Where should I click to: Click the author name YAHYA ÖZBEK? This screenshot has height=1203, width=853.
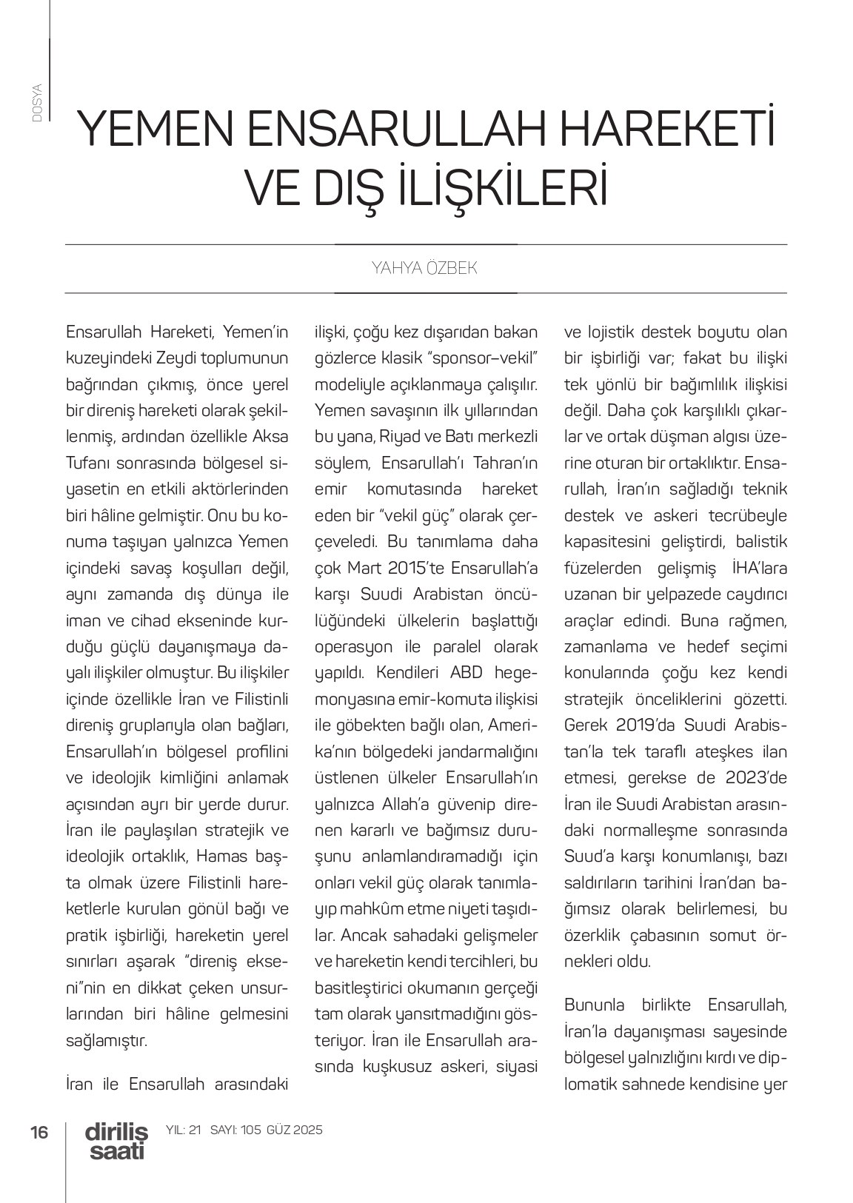tap(424, 268)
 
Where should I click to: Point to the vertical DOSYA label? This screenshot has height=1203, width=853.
tap(38, 104)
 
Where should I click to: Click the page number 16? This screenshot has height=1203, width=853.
tap(39, 1132)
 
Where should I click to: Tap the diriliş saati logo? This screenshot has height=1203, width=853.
tap(116, 1141)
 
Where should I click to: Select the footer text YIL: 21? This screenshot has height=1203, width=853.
tap(184, 1130)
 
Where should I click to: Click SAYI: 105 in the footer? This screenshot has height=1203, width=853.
tap(236, 1130)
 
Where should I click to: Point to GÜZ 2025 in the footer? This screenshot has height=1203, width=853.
tap(295, 1130)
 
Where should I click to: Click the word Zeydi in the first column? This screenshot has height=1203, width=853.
tap(174, 358)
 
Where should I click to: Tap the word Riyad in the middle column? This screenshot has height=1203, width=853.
tap(407, 437)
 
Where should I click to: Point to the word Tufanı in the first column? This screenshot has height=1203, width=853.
tap(88, 463)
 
